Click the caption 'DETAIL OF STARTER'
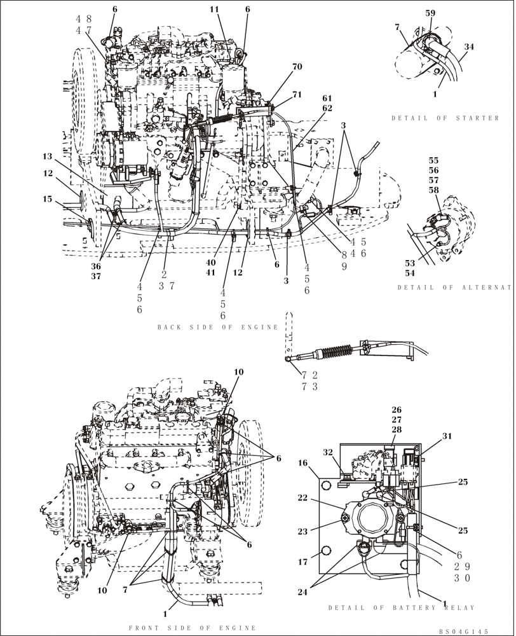click(445, 118)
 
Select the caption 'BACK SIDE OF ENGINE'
click(218, 327)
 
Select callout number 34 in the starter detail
click(469, 46)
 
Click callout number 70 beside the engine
click(297, 66)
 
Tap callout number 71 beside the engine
click(297, 95)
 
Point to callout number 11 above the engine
click(214, 9)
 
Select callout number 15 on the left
click(47, 199)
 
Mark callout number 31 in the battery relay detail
click(447, 436)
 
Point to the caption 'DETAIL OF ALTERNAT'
click(455, 287)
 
